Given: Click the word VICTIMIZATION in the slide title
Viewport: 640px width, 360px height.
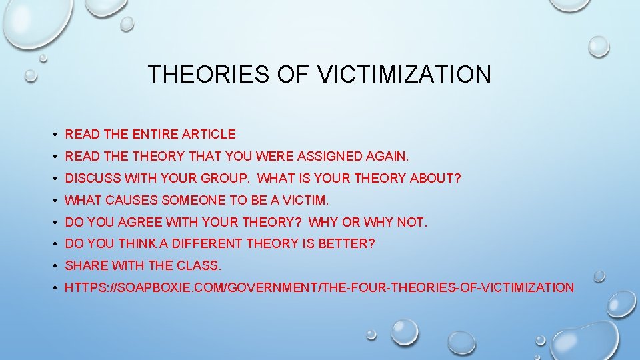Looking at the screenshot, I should pos(404,74).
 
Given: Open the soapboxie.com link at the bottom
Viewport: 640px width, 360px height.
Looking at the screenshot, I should pos(319,287).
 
